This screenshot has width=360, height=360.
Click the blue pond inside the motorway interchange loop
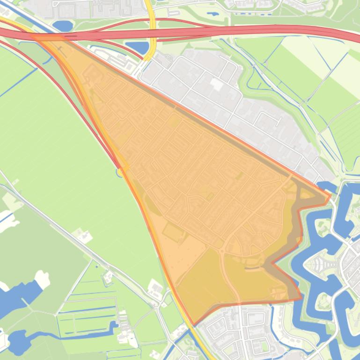click(x=137, y=47)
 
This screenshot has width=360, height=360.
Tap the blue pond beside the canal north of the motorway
click(x=62, y=25)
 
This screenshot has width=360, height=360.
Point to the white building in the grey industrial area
click(x=216, y=85)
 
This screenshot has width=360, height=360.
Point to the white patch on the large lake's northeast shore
click(x=43, y=280)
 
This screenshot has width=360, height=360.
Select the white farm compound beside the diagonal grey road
click(x=83, y=236)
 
